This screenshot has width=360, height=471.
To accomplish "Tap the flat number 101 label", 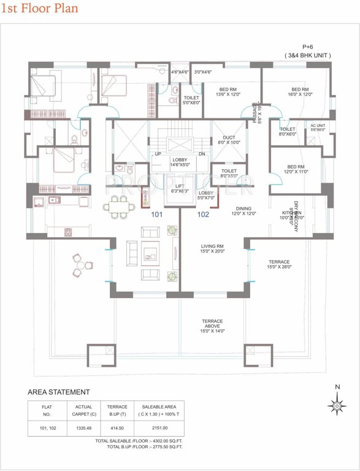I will [x=158, y=215].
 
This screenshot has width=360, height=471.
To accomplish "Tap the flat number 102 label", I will [x=204, y=215].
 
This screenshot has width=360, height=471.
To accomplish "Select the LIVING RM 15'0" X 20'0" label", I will [x=213, y=248].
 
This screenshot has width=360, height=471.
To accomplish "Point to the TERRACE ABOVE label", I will [x=213, y=326].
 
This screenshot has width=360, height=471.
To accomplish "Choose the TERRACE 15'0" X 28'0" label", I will [x=278, y=264].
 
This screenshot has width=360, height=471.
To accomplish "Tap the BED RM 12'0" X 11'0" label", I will [x=296, y=169].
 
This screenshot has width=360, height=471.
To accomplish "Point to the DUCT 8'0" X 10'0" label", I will [x=229, y=140].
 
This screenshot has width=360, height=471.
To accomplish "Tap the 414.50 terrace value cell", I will [x=117, y=427].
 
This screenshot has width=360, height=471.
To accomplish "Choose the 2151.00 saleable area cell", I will [x=159, y=427].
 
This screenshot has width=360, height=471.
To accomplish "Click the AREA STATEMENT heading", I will [x=59, y=392].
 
